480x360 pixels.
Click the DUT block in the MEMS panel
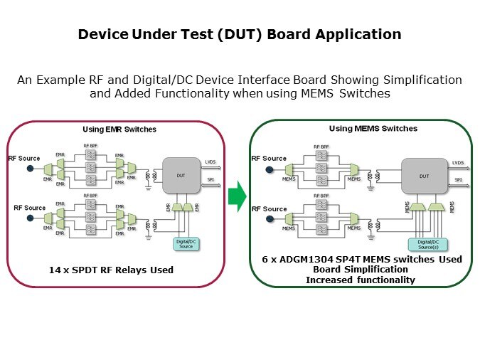point(424,174)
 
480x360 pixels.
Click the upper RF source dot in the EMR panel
point(30,169)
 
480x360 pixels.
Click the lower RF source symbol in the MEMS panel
point(270,219)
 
